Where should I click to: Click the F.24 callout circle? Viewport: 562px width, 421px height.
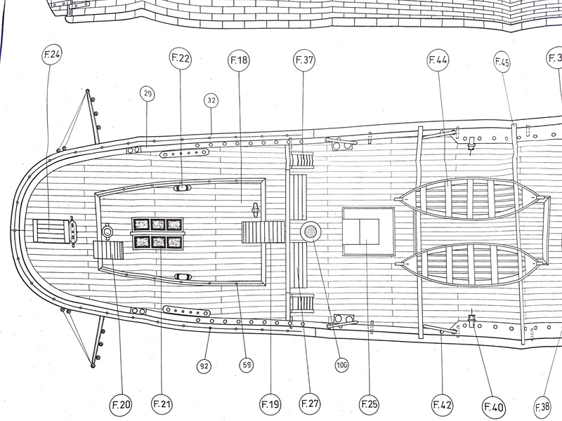pyautogui.click(x=52, y=55)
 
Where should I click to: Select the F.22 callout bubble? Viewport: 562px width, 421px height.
pyautogui.click(x=181, y=58)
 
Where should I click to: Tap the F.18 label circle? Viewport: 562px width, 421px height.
pyautogui.click(x=239, y=60)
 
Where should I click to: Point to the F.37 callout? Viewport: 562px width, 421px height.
pyautogui.click(x=304, y=60)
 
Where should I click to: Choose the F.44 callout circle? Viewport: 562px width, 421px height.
pyautogui.click(x=438, y=60)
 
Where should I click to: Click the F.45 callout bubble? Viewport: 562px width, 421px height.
pyautogui.click(x=502, y=62)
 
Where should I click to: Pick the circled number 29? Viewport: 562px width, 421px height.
pyautogui.click(x=148, y=94)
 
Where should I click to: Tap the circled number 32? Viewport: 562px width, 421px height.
pyautogui.click(x=211, y=100)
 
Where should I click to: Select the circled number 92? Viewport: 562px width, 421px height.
pyautogui.click(x=204, y=366)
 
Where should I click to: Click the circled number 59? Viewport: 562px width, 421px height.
pyautogui.click(x=247, y=365)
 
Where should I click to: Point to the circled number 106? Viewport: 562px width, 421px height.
pyautogui.click(x=341, y=365)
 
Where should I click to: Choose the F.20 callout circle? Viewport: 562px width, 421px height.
pyautogui.click(x=121, y=405)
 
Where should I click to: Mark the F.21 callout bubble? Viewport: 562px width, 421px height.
pyautogui.click(x=162, y=404)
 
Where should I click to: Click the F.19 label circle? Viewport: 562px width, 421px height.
pyautogui.click(x=270, y=405)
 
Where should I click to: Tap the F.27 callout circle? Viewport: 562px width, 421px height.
pyautogui.click(x=310, y=404)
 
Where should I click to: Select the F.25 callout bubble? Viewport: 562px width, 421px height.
pyautogui.click(x=370, y=405)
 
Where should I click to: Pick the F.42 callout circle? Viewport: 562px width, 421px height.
pyautogui.click(x=443, y=405)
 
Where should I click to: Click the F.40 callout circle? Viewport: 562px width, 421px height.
pyautogui.click(x=494, y=407)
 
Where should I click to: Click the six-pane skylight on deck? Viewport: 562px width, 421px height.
pyautogui.click(x=157, y=234)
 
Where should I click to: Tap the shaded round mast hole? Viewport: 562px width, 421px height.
pyautogui.click(x=311, y=232)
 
